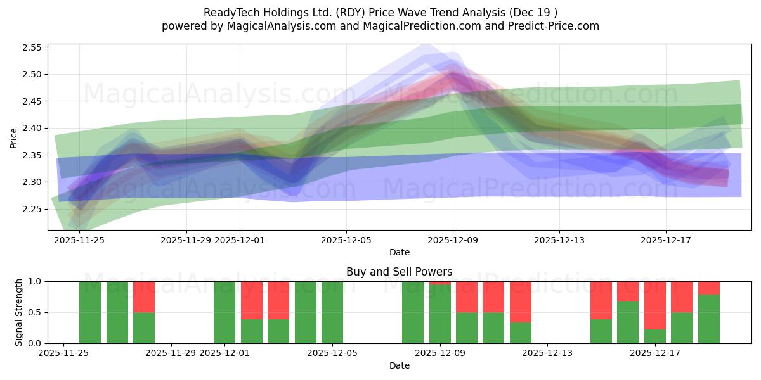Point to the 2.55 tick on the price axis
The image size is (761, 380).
32,47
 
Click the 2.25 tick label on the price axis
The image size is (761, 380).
32,209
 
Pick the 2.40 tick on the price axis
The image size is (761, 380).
32,128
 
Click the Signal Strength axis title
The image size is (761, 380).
19,312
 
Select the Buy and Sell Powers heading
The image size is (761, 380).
399,272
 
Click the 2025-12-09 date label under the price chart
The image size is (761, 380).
453,240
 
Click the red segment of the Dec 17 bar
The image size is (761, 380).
655,305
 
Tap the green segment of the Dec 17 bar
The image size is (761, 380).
655,336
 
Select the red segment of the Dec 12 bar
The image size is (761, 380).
521,302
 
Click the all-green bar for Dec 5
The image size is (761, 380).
332,312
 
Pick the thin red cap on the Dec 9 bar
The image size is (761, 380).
440,282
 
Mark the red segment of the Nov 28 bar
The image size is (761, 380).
144,296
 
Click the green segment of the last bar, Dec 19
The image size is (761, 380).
709,319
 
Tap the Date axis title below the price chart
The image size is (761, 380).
399,252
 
